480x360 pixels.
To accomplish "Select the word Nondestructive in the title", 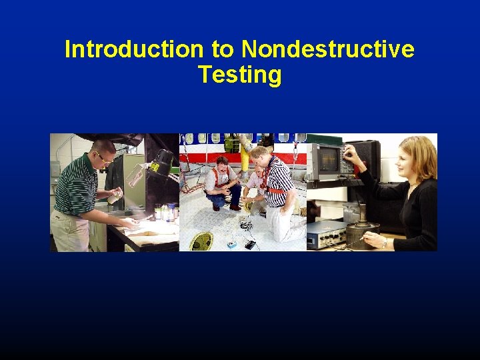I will click(327, 49).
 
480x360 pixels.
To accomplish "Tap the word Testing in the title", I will click(239, 75).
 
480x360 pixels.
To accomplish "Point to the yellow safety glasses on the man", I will click(104, 157).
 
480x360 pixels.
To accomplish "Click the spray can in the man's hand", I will click(115, 196).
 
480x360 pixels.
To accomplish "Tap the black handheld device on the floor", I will click(250, 244).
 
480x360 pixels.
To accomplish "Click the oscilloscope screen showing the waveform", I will click(329, 159).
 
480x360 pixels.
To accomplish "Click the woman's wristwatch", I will click(384, 243).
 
